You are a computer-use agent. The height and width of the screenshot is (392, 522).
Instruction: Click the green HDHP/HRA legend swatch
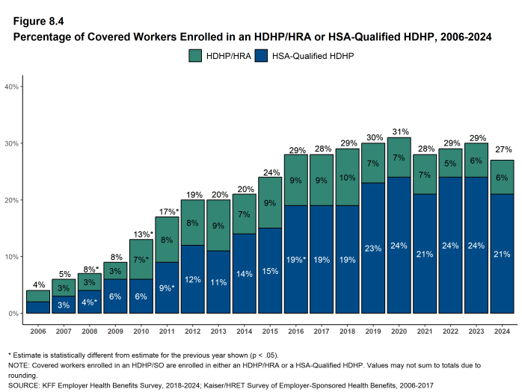pyautogui.click(x=195, y=55)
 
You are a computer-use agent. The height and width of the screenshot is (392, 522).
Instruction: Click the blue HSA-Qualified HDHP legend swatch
pyautogui.click(x=262, y=55)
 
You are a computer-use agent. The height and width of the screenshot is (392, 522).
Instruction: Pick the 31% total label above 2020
pyautogui.click(x=399, y=131)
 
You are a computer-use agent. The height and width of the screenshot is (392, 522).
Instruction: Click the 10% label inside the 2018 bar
pyautogui.click(x=348, y=178)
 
